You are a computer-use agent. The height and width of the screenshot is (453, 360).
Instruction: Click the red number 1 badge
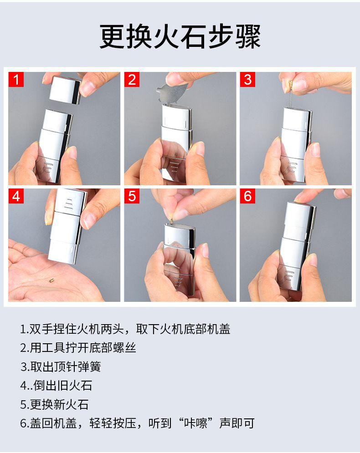coord(16,80)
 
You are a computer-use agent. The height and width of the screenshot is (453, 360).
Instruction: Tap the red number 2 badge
coord(132,80)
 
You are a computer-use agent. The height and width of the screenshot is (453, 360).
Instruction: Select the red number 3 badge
coord(247,80)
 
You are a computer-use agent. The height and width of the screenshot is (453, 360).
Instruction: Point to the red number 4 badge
coord(16,196)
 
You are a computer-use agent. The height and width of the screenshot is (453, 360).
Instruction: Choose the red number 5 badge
coord(132,196)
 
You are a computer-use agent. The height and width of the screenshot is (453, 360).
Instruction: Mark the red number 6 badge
coord(247,196)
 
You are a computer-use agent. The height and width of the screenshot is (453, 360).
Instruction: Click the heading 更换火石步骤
coord(180,37)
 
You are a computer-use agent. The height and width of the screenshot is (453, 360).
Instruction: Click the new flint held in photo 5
coord(172,221)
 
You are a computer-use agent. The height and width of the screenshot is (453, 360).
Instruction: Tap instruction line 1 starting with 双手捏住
coord(125,329)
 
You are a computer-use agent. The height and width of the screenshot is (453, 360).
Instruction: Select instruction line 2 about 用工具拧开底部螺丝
coord(78,348)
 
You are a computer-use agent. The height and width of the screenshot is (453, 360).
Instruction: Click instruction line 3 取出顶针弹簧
coord(61,366)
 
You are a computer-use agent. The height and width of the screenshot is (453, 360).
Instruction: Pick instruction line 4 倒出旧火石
coord(56,386)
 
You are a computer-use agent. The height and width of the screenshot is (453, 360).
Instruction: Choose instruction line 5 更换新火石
coord(54,404)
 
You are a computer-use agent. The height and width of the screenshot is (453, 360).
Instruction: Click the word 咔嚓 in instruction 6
coord(196,423)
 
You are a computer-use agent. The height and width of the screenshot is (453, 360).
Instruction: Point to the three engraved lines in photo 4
coord(68,204)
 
